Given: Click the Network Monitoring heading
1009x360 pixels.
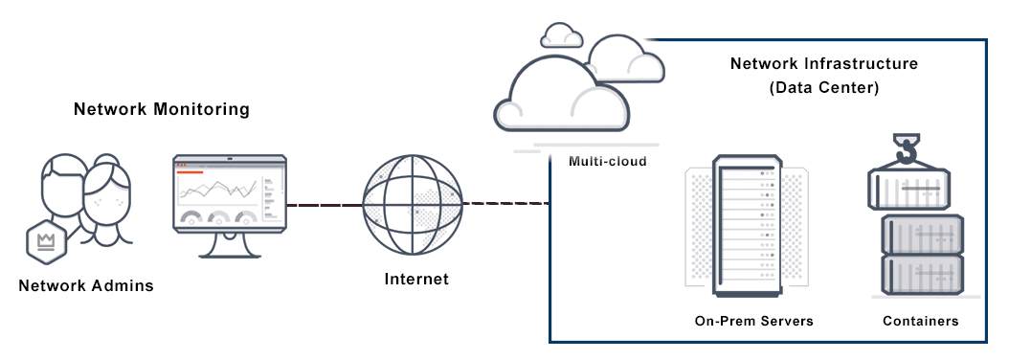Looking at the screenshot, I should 162,109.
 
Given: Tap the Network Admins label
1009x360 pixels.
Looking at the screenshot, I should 86,285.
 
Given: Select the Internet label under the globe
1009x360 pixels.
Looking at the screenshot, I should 416,280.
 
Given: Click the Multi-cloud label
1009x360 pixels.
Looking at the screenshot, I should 608,161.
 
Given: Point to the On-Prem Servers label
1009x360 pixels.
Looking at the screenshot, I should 754,321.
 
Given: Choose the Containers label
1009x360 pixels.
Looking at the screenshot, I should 920,321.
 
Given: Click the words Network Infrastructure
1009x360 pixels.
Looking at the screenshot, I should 824,64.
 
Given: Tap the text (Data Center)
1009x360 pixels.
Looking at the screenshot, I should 824,87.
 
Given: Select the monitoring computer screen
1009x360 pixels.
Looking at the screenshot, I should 230,191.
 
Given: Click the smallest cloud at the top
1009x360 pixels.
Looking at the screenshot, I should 561,36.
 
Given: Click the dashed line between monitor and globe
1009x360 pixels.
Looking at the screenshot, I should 325,204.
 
